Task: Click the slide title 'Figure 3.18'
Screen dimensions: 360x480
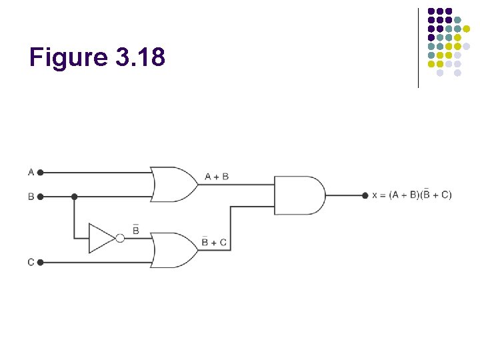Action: click(x=97, y=58)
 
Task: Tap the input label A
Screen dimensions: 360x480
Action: click(x=31, y=172)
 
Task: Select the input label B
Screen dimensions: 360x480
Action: click(x=31, y=197)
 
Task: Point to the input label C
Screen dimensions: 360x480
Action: click(x=31, y=263)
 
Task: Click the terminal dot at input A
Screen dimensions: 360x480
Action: click(x=40, y=172)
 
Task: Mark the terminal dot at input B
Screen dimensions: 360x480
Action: click(x=40, y=197)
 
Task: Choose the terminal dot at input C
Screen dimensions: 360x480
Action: click(x=40, y=263)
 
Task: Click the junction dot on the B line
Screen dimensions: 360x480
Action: click(x=74, y=197)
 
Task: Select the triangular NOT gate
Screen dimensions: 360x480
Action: click(x=101, y=238)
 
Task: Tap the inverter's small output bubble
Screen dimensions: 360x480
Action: click(x=120, y=238)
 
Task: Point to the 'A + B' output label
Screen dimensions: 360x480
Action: click(x=217, y=177)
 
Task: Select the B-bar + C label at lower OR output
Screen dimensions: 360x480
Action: click(x=215, y=242)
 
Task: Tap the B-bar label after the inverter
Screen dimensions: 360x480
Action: click(x=136, y=230)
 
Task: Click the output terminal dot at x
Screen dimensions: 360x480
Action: click(x=365, y=195)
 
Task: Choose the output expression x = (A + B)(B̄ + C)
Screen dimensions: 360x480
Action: click(x=411, y=195)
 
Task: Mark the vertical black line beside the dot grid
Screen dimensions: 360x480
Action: click(x=418, y=47)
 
